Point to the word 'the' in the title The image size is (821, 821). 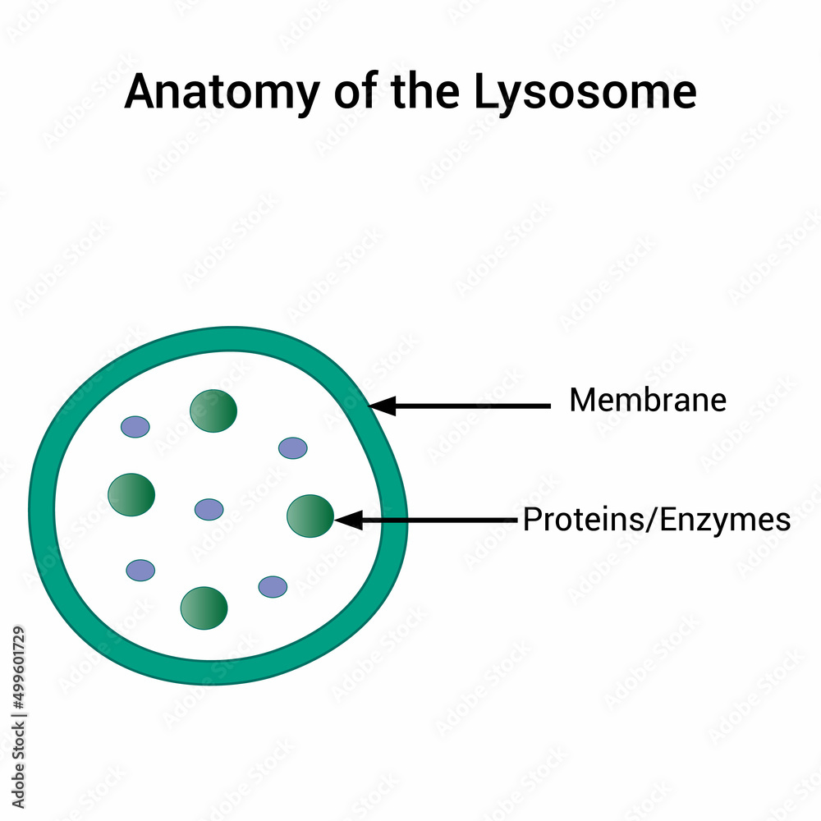click(422, 93)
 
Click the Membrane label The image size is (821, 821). click(648, 401)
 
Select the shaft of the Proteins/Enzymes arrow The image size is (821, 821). click(435, 520)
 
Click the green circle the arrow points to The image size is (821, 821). click(310, 516)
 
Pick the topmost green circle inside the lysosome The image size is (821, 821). click(213, 410)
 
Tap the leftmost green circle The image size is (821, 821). click(131, 494)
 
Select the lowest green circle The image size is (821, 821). click(204, 608)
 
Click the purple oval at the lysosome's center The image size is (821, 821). click(209, 509)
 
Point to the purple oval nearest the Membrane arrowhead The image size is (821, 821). click(293, 447)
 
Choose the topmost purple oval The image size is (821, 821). click(135, 427)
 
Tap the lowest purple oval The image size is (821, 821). click(273, 587)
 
